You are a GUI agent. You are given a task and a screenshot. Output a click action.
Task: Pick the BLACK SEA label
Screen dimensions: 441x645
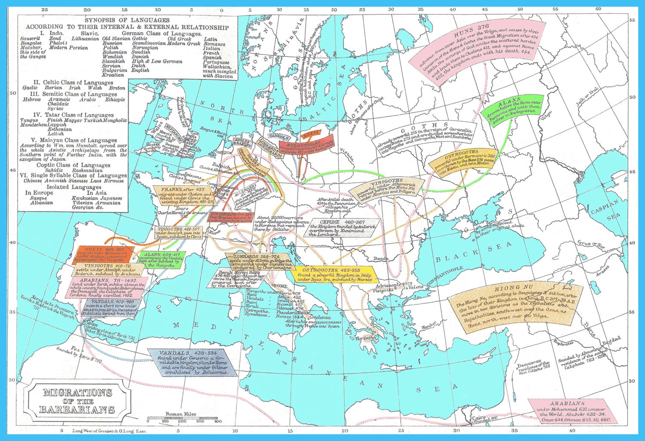click(473, 253)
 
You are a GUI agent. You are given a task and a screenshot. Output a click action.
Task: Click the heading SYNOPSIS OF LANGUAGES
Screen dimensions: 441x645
click(127, 20)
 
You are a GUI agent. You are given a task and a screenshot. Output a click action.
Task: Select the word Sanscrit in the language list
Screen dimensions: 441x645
click(31, 39)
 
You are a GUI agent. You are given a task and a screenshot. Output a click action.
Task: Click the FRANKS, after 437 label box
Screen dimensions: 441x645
click(183, 196)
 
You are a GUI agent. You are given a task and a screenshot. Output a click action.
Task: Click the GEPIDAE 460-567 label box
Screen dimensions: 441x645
click(342, 228)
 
